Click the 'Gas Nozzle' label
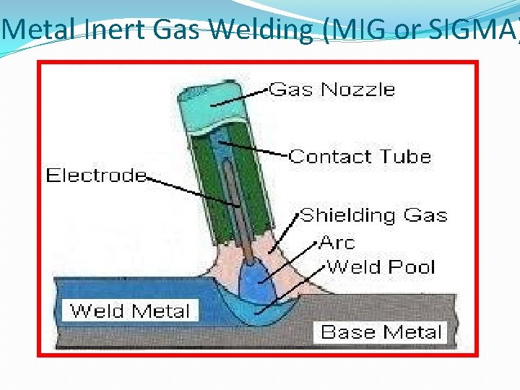click(331, 90)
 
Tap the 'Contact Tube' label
click(360, 157)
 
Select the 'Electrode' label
click(95, 175)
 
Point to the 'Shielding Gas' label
click(373, 215)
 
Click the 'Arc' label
click(337, 242)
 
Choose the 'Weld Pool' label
click(381, 266)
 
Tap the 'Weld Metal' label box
click(130, 311)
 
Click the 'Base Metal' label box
click(381, 332)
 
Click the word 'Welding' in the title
click(265, 30)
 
